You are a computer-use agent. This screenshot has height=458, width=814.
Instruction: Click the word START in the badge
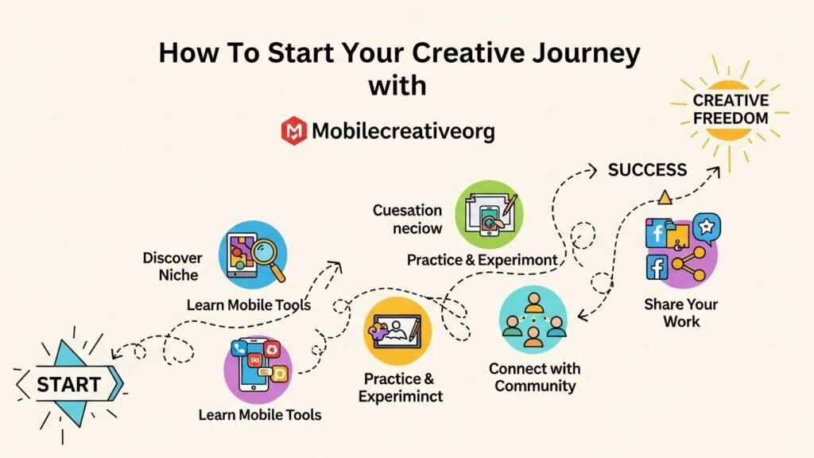click(x=69, y=385)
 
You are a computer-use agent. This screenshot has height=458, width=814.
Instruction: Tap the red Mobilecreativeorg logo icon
click(x=293, y=130)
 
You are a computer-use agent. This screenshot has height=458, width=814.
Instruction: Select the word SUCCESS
click(x=647, y=169)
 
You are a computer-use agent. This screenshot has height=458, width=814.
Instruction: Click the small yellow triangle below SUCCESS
click(x=665, y=196)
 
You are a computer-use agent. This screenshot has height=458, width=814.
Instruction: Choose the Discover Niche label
click(x=172, y=266)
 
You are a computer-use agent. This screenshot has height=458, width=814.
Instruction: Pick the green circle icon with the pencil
click(x=488, y=213)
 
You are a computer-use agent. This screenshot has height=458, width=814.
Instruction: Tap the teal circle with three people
click(x=533, y=319)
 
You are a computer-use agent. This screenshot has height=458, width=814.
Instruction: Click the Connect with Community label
click(x=534, y=378)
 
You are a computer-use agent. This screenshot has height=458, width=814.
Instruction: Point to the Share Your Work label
click(x=680, y=312)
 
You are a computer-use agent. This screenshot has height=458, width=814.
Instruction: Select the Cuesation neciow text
click(x=407, y=219)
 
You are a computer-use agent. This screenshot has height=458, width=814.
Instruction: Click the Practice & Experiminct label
click(x=401, y=387)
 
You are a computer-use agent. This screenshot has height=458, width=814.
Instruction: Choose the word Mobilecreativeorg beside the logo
click(x=403, y=131)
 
